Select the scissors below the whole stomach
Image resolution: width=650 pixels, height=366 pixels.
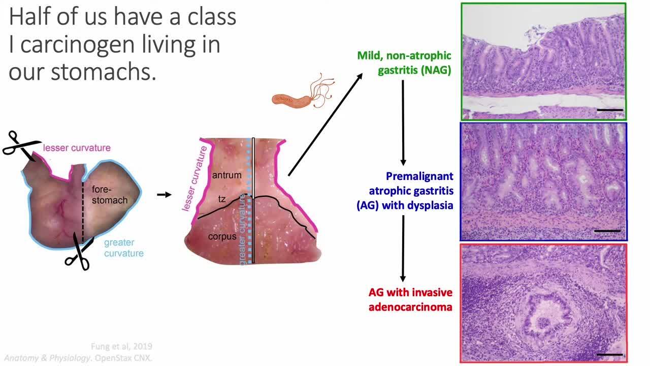point(79,254)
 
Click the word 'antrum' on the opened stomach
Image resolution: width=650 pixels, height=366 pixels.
point(227,175)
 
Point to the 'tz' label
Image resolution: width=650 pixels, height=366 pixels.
point(222,199)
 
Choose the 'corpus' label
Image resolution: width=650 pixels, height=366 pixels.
point(222,236)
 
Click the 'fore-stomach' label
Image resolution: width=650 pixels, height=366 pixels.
point(109,194)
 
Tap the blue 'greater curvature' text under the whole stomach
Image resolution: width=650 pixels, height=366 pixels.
point(124,248)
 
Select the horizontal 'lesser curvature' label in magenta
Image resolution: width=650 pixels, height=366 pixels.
point(77,148)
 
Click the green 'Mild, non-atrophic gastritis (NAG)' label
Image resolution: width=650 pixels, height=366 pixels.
point(405,63)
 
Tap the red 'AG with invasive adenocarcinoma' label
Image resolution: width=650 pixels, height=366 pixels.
point(411,299)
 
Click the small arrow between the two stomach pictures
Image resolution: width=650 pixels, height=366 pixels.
point(164,194)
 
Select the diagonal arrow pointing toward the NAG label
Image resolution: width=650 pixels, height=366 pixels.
point(326,124)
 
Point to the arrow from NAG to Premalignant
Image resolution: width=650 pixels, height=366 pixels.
point(403,122)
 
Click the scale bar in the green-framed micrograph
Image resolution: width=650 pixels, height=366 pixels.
point(610,109)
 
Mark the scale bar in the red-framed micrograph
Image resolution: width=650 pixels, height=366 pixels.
point(610,354)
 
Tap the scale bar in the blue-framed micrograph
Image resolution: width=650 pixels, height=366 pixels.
point(607,231)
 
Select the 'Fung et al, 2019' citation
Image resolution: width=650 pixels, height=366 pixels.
point(121,347)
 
